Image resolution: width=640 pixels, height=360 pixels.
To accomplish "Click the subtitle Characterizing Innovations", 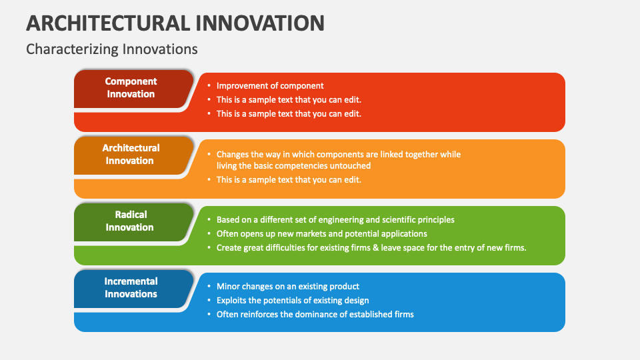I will tap(111, 49).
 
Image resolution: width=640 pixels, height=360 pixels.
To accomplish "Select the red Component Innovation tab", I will tap(131, 88).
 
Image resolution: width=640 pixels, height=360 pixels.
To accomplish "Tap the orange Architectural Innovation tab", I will tap(131, 155).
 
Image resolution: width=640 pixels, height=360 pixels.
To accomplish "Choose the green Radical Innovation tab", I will tap(130, 221).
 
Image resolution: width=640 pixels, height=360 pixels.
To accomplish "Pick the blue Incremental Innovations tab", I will tap(131, 288).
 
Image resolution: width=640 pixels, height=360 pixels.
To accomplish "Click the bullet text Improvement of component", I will tap(270, 86).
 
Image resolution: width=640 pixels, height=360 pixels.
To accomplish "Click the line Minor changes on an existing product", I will tap(288, 287).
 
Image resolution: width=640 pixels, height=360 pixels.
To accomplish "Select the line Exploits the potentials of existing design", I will tap(293, 301).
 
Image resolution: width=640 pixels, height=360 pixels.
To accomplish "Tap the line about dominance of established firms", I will tap(315, 315).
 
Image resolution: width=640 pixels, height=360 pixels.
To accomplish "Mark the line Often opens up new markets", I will tap(321, 234).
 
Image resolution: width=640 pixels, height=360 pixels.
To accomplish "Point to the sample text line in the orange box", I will tap(289, 180).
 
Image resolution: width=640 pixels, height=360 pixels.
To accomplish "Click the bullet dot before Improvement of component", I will tap(209, 86).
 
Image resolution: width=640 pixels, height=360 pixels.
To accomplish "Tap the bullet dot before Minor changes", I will tap(209, 287).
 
